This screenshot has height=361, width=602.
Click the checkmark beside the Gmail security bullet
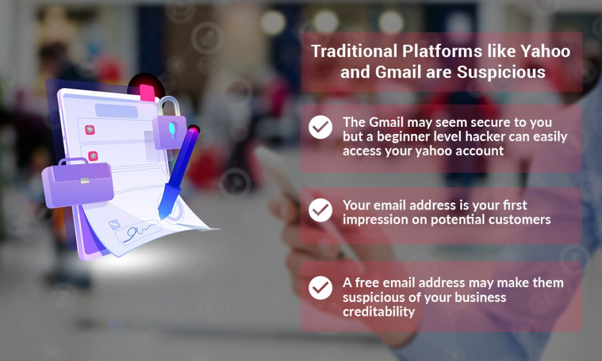click(x=320, y=127)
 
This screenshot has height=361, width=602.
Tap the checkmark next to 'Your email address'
click(x=320, y=210)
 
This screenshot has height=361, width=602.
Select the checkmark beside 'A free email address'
click(x=320, y=288)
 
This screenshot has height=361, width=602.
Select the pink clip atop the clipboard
click(x=147, y=92)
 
